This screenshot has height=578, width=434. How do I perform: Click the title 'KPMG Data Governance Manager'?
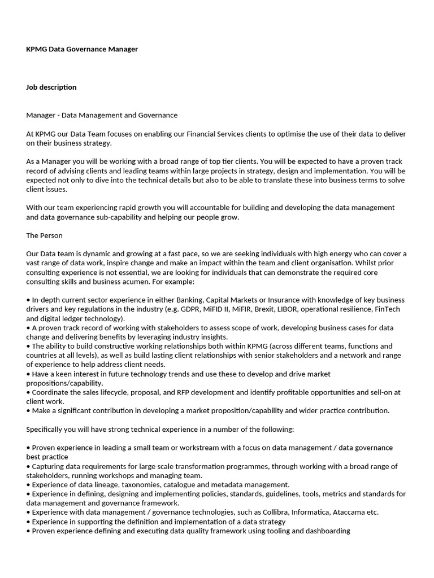pos(82,49)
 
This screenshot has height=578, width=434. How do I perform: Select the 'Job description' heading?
pos(51,87)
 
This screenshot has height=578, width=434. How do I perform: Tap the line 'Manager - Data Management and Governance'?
pos(102,115)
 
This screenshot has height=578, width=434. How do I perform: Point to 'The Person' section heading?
pos(44,235)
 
